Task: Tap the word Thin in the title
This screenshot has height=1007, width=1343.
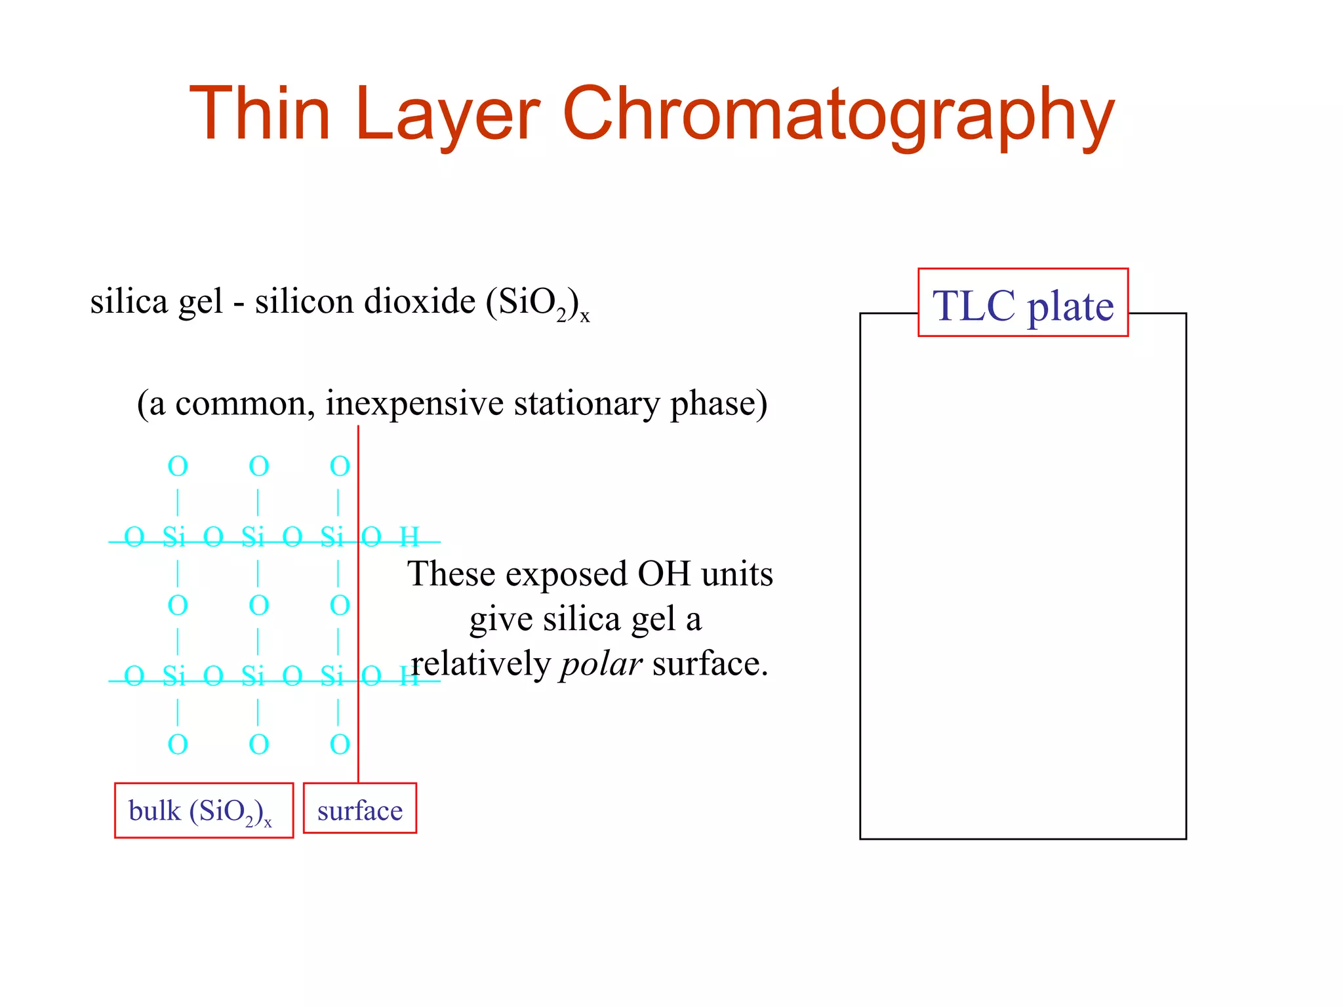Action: (260, 115)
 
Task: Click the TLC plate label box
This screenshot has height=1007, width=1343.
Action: (1023, 303)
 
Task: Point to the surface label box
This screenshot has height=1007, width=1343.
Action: (360, 809)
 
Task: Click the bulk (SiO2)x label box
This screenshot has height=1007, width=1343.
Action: (203, 811)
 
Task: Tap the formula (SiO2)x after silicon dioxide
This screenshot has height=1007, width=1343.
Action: (536, 304)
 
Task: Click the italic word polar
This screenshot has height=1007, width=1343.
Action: (601, 664)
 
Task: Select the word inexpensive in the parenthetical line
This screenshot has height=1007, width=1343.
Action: (414, 403)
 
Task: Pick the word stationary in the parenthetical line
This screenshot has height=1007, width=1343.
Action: (586, 403)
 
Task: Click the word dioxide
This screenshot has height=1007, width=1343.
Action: (420, 302)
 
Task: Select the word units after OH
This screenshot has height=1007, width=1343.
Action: (737, 574)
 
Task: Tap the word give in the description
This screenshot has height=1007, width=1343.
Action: (500, 620)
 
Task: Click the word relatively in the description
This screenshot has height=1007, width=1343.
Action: (480, 664)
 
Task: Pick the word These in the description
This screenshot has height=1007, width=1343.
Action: (451, 574)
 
